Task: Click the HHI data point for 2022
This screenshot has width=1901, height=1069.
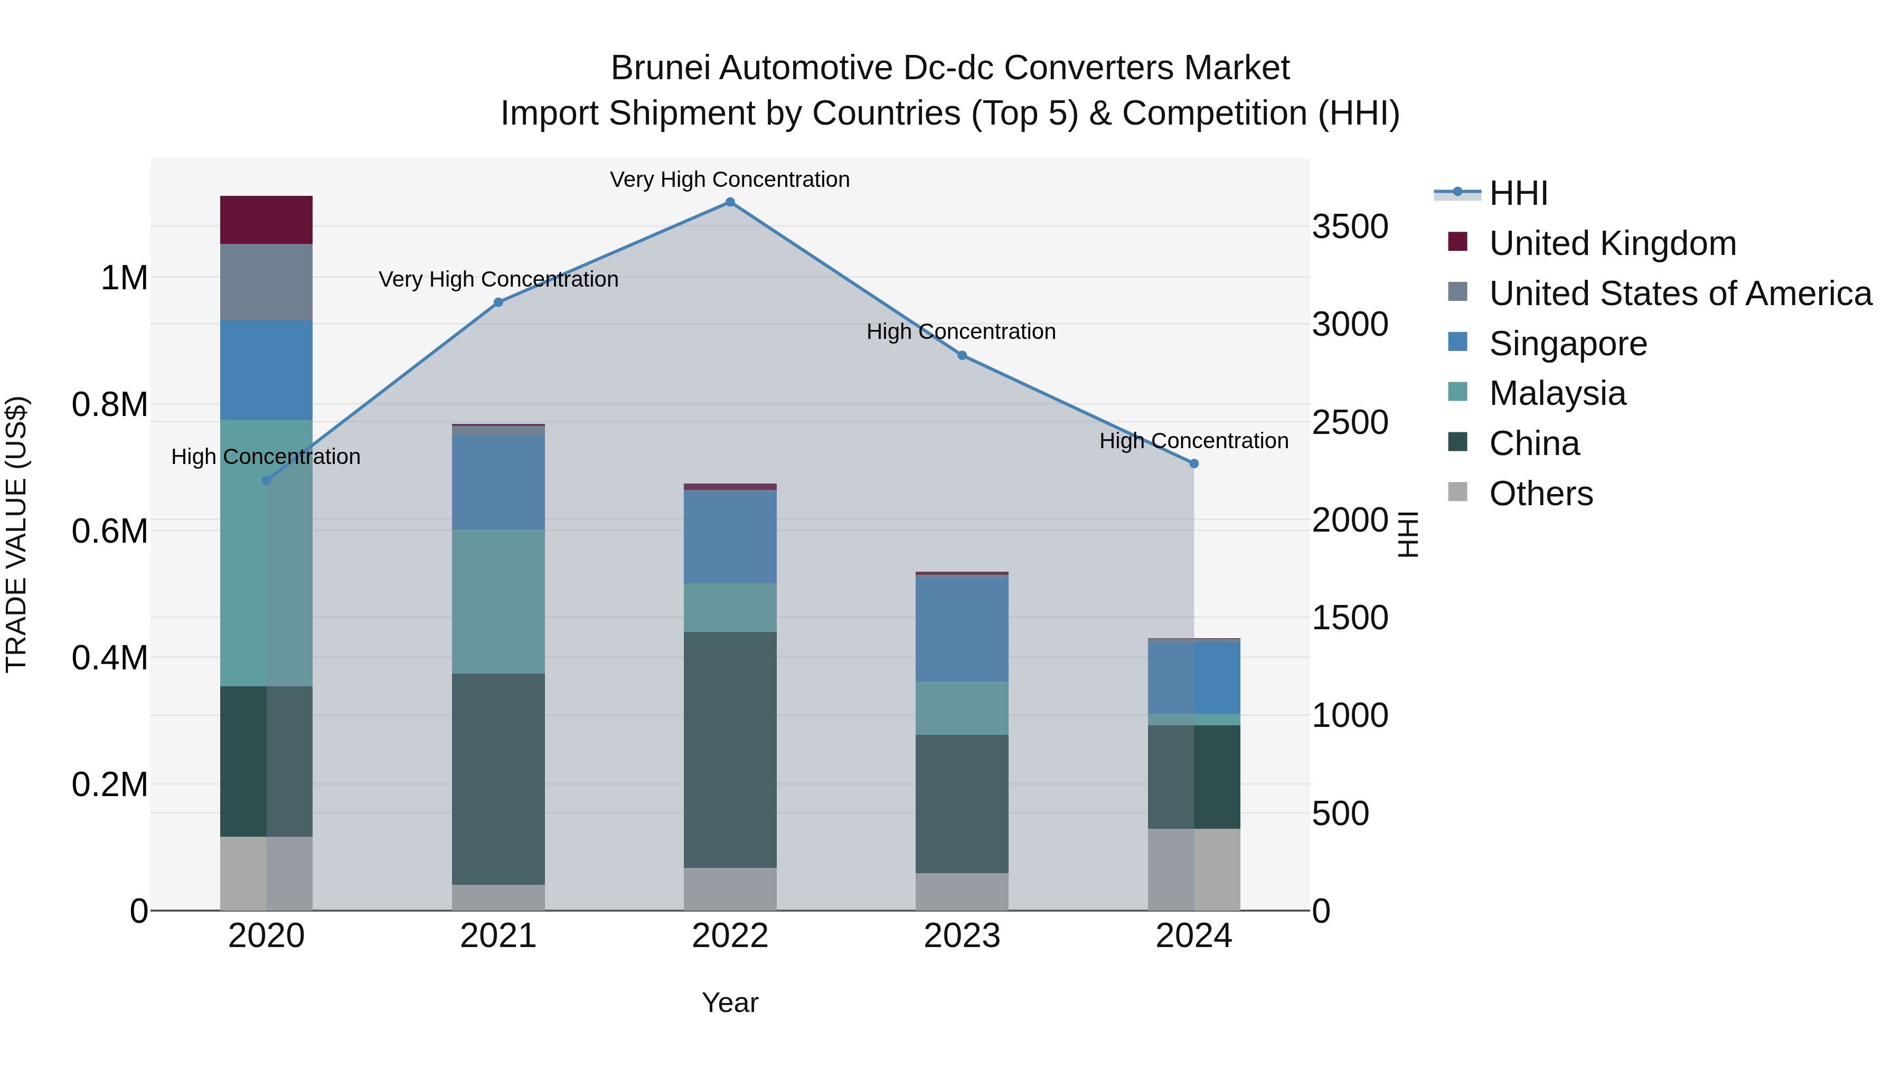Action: click(x=730, y=202)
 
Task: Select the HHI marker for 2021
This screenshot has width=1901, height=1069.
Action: click(x=498, y=302)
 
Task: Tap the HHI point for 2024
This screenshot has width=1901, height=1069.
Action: click(x=1194, y=463)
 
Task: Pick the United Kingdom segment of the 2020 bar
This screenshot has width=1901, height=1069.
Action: click(x=267, y=220)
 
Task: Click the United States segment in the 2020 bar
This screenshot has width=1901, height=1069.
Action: click(x=267, y=282)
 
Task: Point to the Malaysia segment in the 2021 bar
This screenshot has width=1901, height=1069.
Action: click(x=498, y=601)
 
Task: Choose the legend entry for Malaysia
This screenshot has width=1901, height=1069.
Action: click(x=1557, y=393)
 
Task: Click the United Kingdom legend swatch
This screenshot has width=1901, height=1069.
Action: click(x=1457, y=242)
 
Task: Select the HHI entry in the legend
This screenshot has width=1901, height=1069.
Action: click(x=1518, y=193)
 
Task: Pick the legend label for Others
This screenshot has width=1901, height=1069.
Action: click(x=1541, y=494)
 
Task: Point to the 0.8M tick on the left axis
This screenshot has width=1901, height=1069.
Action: click(x=110, y=404)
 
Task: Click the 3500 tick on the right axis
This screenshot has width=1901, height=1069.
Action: click(x=1350, y=226)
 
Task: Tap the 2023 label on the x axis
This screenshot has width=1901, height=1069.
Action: click(x=962, y=936)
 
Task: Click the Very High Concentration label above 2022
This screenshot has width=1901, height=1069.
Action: click(x=730, y=179)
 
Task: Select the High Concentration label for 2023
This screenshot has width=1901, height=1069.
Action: click(x=961, y=332)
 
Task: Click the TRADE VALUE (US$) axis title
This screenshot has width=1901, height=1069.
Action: click(x=16, y=534)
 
